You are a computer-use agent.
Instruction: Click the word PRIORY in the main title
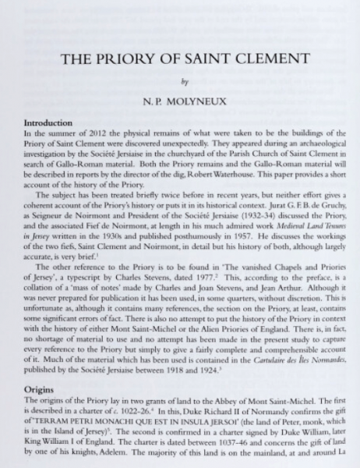(156, 59)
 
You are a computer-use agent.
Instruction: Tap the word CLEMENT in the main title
(263, 59)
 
